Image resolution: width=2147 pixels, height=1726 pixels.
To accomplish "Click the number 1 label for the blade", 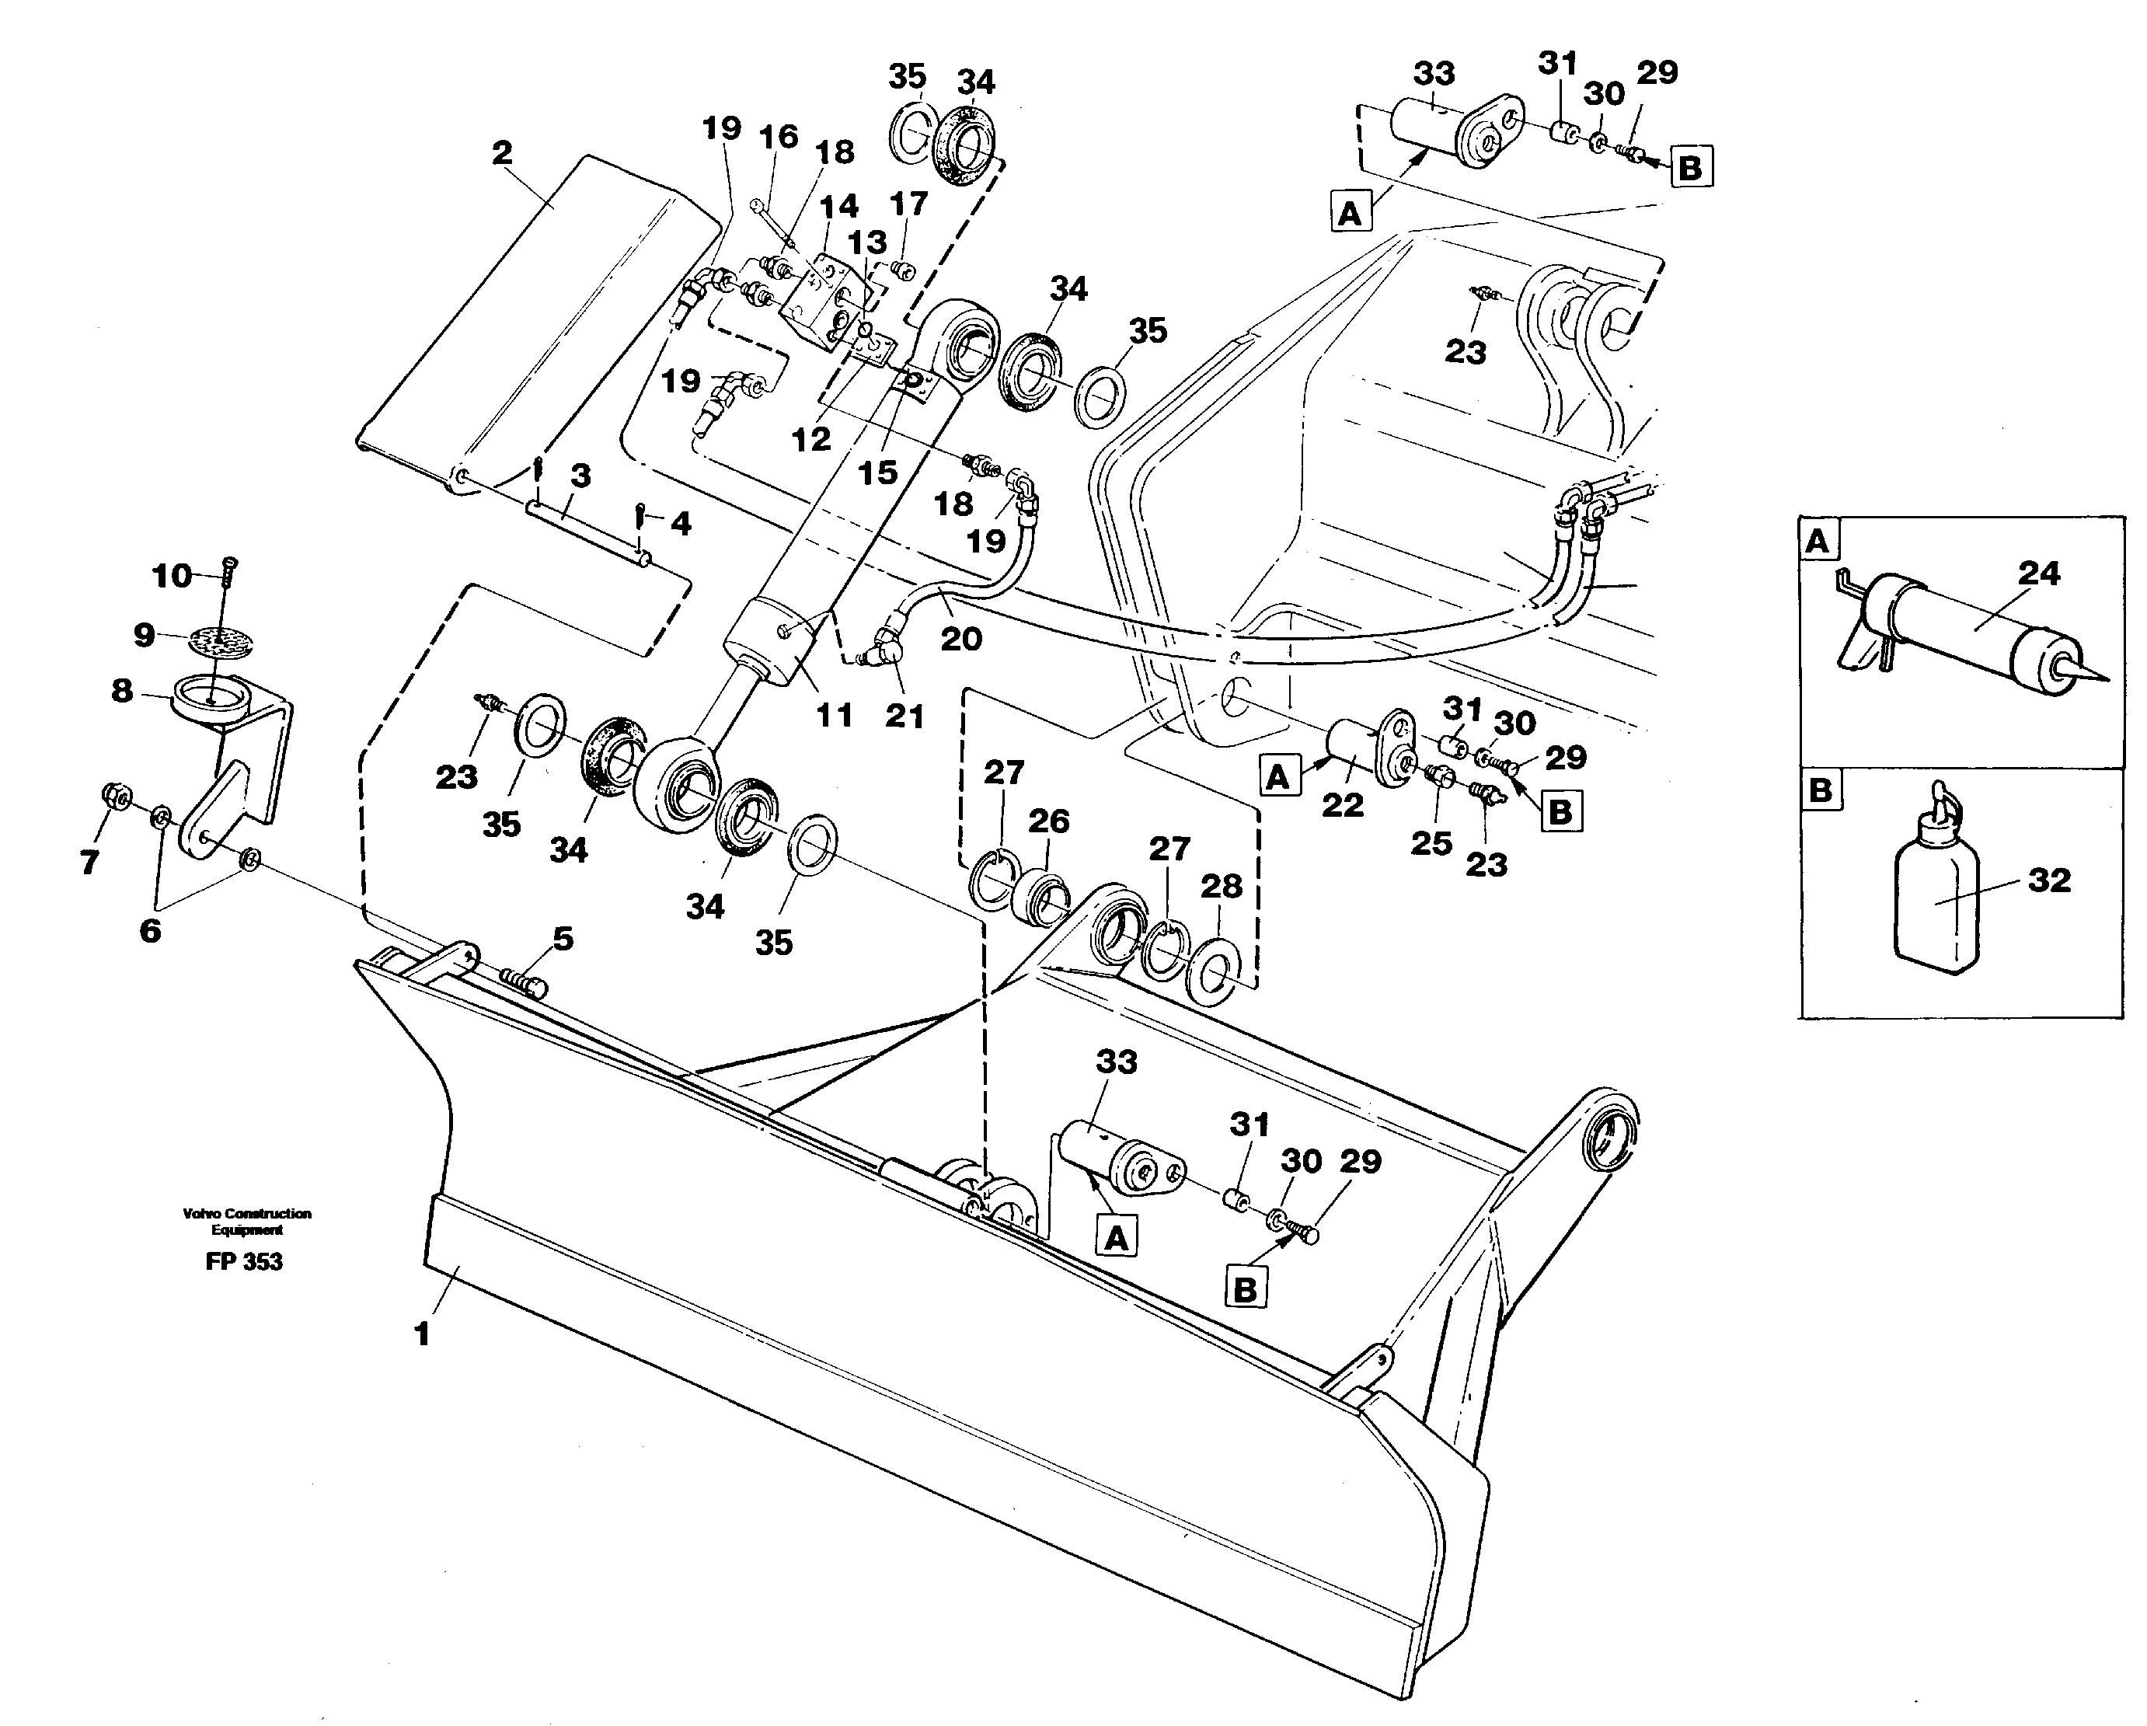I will tap(421, 1334).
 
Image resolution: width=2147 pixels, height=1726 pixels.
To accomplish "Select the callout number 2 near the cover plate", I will tap(502, 152).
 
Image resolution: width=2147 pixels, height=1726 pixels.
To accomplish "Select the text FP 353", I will tap(244, 1262).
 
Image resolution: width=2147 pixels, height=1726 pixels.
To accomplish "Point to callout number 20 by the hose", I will tap(961, 639).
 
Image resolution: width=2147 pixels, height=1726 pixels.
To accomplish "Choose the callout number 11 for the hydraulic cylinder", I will tap(834, 714).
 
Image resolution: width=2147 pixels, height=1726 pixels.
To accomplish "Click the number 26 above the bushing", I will tap(1048, 821).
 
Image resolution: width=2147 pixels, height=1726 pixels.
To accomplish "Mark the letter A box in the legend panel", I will tap(1818, 542).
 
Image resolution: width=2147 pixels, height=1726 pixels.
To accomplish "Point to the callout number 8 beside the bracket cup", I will tap(121, 690).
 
